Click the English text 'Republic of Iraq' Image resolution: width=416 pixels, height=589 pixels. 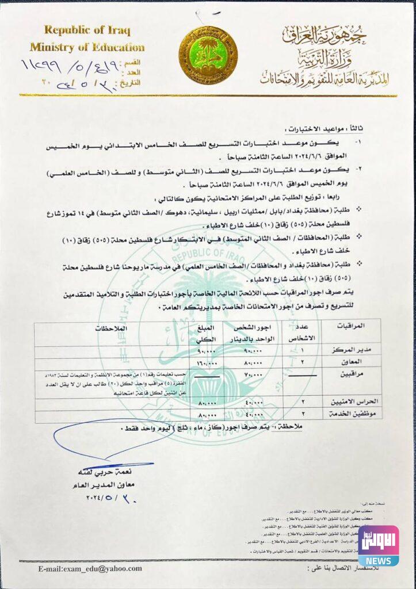[87, 30]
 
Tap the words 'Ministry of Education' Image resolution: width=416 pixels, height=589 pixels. [87, 47]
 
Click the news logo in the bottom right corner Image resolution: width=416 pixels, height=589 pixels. [378, 545]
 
